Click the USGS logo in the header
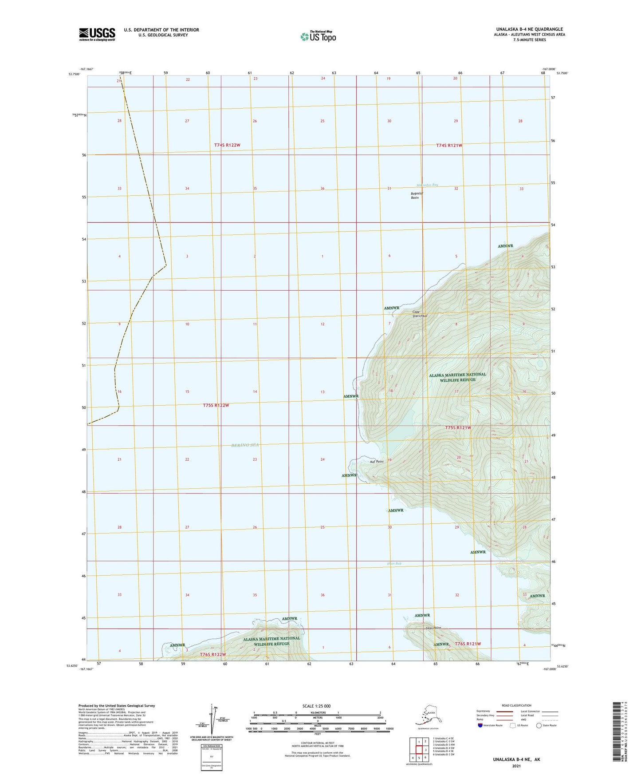pyautogui.click(x=97, y=34)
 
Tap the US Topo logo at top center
pyautogui.click(x=318, y=36)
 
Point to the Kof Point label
pyautogui.click(x=377, y=462)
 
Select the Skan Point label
pyautogui.click(x=433, y=628)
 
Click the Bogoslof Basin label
pyautogui.click(x=415, y=196)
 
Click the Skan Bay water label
pyautogui.click(x=394, y=564)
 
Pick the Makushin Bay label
pyautogui.click(x=427, y=185)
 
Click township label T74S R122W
pyautogui.click(x=227, y=145)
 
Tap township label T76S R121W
pyautogui.click(x=468, y=644)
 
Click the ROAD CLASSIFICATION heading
pyautogui.click(x=516, y=705)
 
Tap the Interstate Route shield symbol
pyautogui.click(x=480, y=725)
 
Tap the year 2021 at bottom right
pyautogui.click(x=516, y=766)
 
